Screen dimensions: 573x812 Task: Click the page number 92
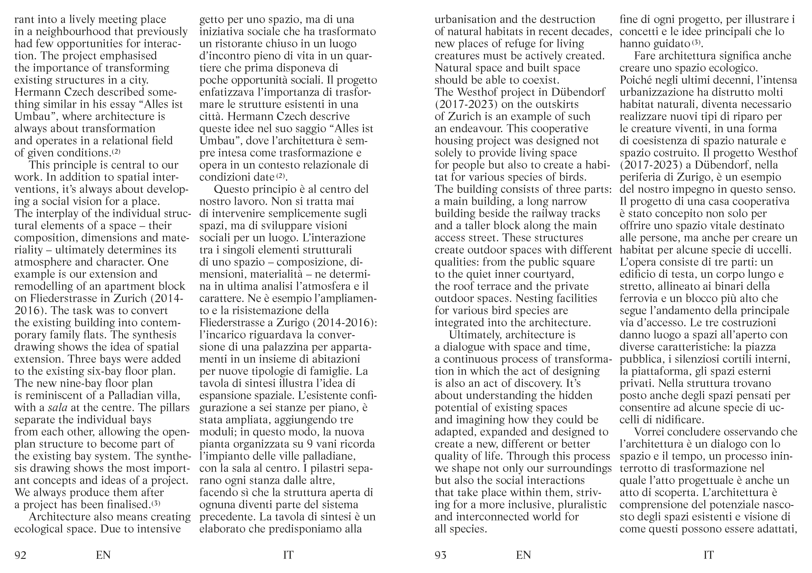[20, 555]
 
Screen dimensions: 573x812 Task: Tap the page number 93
[440, 555]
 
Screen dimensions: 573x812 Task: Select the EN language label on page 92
[103, 555]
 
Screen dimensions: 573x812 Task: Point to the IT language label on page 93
[708, 555]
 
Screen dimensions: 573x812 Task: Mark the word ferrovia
[636, 298]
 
